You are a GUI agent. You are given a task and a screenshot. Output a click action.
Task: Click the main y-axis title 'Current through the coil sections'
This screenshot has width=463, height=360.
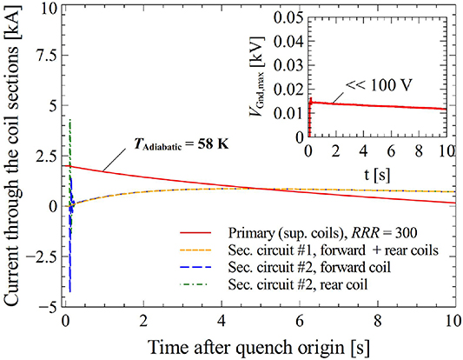click(x=13, y=157)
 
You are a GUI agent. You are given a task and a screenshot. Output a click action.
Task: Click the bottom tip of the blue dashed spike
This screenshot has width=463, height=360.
click(x=69, y=291)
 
